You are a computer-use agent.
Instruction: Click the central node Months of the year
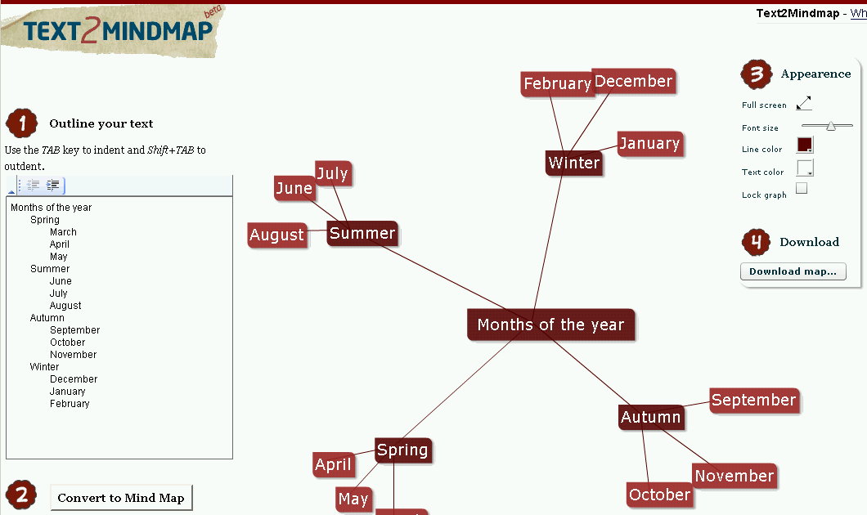pyautogui.click(x=550, y=325)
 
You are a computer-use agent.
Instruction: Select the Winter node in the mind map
pyautogui.click(x=573, y=163)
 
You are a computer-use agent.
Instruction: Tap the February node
pyautogui.click(x=556, y=83)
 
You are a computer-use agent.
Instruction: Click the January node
pyautogui.click(x=649, y=144)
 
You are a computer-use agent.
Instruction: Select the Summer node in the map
pyautogui.click(x=362, y=233)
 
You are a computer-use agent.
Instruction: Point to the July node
pyautogui.click(x=333, y=173)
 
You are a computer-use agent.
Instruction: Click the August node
pyautogui.click(x=276, y=235)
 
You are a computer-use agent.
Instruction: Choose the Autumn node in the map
pyautogui.click(x=650, y=417)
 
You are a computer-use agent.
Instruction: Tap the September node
pyautogui.click(x=753, y=400)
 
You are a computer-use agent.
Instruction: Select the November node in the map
pyautogui.click(x=734, y=476)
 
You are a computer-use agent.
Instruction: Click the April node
pyautogui.click(x=333, y=465)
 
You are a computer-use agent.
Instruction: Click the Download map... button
pyautogui.click(x=793, y=271)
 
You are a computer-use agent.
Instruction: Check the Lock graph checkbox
pyautogui.click(x=802, y=189)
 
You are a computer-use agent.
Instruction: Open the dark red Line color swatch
pyautogui.click(x=805, y=146)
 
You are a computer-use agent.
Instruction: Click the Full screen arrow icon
pyautogui.click(x=804, y=103)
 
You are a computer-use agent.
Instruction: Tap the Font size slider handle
pyautogui.click(x=831, y=126)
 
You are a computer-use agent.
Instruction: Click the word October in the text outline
pyautogui.click(x=67, y=343)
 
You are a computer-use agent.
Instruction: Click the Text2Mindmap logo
pyautogui.click(x=115, y=31)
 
